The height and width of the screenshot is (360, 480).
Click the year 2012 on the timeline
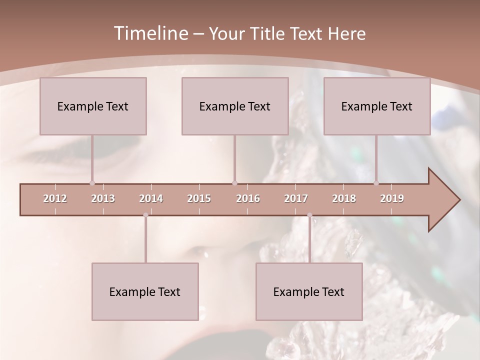55,198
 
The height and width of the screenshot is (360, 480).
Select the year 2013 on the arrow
103,198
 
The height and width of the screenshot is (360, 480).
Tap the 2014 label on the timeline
151,198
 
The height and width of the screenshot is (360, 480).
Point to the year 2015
199,198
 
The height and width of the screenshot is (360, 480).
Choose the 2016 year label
248,198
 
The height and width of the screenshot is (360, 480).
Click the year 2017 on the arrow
296,198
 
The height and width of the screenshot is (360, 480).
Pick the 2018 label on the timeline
344,198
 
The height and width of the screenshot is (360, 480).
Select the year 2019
392,198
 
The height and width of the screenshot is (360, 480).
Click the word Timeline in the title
149,33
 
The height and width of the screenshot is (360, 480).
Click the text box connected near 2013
93,106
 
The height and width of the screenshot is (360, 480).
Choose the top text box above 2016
235,106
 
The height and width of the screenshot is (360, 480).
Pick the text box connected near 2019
377,106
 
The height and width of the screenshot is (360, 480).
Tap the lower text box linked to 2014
145,291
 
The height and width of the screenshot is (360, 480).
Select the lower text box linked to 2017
309,291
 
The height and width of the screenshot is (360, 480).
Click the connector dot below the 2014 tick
145,215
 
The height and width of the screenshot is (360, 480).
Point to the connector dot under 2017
309,215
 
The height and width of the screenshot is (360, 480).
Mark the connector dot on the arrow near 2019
376,183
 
